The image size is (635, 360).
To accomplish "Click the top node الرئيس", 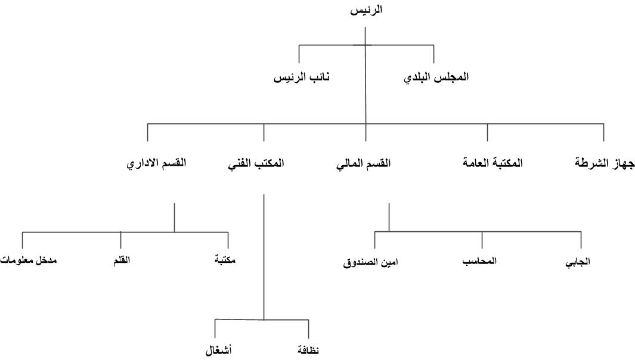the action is [366, 10].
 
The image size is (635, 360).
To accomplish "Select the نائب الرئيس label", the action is [302, 77].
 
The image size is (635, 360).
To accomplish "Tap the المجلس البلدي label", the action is [436, 77].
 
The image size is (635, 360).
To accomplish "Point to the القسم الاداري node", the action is [156, 164].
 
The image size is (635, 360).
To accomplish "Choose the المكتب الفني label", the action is [256, 164].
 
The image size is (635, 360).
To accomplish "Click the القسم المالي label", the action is [363, 164].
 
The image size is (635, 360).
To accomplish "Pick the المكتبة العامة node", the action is [492, 163].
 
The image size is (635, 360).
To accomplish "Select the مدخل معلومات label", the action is [29, 260].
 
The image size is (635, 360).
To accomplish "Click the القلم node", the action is [122, 260].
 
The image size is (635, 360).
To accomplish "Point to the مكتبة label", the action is [225, 260].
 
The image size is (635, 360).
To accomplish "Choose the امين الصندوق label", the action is [370, 262].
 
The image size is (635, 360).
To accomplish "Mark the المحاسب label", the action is [479, 261].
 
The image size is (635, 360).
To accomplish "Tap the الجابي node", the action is [578, 262].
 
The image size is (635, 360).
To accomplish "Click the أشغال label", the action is [218, 350].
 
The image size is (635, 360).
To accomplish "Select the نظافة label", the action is [308, 350].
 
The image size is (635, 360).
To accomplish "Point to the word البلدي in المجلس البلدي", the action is [418, 77].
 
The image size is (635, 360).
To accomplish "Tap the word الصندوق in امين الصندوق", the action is [361, 263].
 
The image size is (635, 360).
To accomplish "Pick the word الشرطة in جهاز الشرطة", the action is [591, 163].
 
